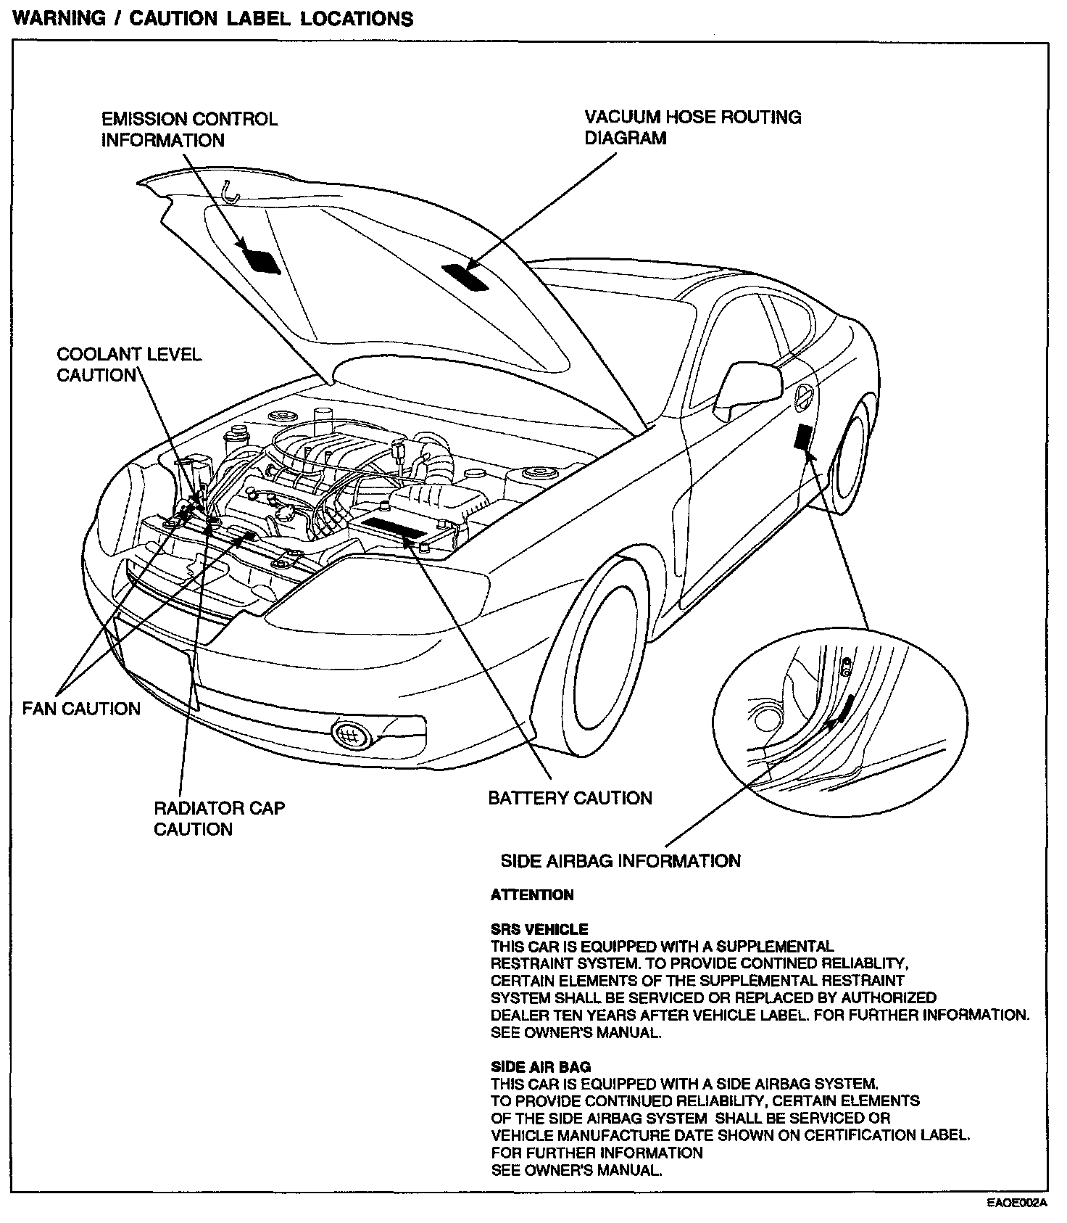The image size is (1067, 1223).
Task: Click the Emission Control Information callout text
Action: (x=189, y=129)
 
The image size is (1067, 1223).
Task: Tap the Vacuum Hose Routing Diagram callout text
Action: (x=692, y=127)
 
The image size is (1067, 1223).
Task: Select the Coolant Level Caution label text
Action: (x=128, y=364)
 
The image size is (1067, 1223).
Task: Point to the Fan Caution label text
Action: (x=81, y=709)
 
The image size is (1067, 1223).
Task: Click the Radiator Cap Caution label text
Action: (x=219, y=818)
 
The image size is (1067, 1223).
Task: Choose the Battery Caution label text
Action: (x=570, y=798)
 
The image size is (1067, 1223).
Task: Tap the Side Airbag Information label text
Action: (x=620, y=860)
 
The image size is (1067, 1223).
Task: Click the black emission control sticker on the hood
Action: (x=259, y=259)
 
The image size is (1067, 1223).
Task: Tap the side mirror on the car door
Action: (x=748, y=388)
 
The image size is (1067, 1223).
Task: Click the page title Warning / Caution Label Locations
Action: (x=214, y=18)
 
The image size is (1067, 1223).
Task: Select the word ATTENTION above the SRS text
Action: (x=532, y=895)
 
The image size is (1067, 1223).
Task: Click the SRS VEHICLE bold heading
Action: (x=539, y=929)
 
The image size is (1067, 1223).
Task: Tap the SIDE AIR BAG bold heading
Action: (x=541, y=1067)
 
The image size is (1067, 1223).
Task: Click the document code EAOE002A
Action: (x=1017, y=1203)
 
